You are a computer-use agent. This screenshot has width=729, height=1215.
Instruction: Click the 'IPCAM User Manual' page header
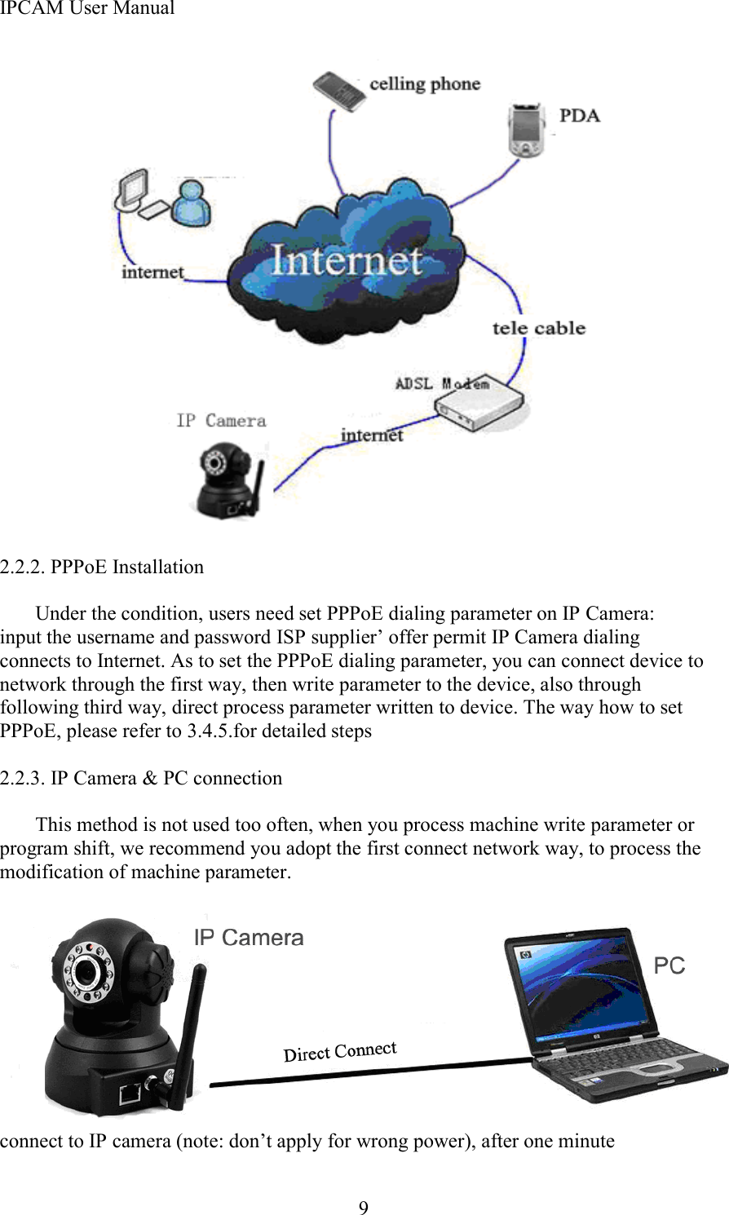tap(87, 9)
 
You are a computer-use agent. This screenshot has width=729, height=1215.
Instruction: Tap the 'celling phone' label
tap(424, 84)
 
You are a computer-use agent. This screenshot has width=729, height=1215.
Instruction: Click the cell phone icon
tap(338, 91)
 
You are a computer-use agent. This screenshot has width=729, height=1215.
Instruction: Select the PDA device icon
tap(526, 129)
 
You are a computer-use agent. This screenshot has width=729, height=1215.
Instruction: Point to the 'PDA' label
tap(579, 116)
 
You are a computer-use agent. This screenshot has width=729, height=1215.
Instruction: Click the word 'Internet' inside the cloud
tap(346, 261)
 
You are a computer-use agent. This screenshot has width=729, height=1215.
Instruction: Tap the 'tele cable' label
tap(538, 329)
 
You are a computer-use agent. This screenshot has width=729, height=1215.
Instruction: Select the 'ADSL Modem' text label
tap(441, 383)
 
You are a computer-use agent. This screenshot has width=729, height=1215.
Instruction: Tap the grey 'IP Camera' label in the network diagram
tap(221, 421)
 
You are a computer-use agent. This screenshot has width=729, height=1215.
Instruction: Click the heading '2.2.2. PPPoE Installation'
tap(102, 567)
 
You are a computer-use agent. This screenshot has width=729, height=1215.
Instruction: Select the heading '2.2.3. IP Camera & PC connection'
tap(141, 778)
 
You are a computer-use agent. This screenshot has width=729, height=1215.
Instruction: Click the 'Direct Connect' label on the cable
tap(340, 1052)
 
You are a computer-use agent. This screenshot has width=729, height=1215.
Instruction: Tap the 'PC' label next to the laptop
tap(669, 966)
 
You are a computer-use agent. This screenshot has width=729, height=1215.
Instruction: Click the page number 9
tap(364, 1208)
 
